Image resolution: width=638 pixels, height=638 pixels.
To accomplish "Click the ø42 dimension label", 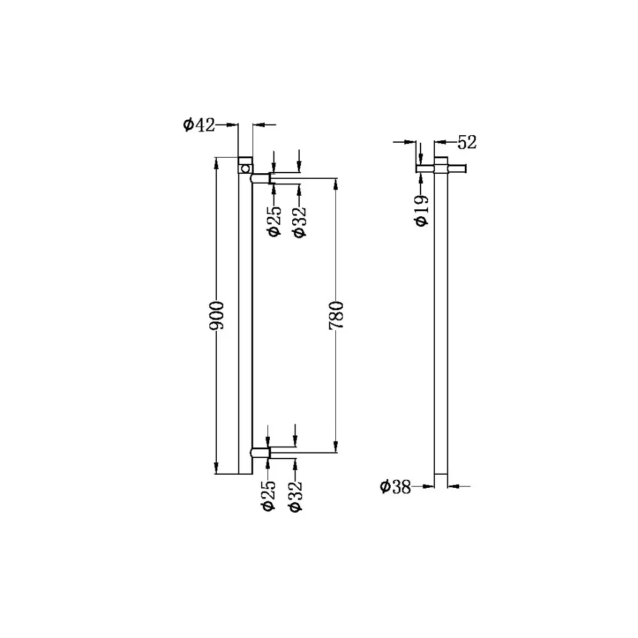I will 199,125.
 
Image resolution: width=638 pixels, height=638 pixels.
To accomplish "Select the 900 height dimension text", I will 216,316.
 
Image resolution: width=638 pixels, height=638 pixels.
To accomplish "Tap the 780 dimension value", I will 336,316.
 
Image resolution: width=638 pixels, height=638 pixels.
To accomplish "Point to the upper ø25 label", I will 273,221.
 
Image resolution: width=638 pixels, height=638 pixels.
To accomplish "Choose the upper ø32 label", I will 299,221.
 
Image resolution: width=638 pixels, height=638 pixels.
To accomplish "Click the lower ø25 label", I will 268,496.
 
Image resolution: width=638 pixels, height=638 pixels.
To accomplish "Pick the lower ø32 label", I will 295,496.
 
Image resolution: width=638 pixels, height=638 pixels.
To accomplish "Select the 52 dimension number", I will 467,142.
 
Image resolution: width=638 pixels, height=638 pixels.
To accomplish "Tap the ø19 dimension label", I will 422,211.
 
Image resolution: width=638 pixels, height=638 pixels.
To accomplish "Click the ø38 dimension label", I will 396,487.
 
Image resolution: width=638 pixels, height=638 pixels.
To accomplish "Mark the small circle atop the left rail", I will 246,168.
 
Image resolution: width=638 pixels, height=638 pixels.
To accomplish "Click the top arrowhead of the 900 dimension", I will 216,163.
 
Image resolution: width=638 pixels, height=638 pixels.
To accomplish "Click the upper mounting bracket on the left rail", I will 260,178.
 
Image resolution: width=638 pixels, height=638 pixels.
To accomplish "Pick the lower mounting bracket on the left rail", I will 260,453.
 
